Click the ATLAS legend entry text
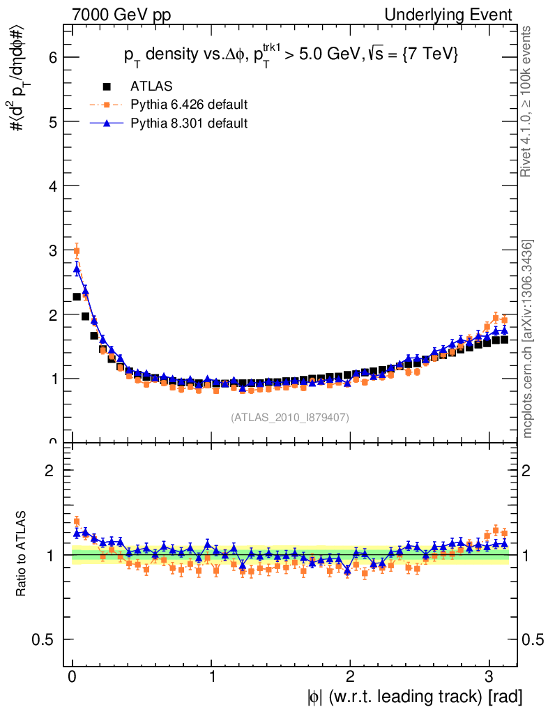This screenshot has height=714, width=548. click(x=151, y=86)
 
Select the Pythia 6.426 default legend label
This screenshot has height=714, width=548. click(x=189, y=105)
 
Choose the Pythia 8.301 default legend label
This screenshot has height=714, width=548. click(x=189, y=123)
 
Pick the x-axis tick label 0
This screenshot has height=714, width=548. click(x=73, y=676)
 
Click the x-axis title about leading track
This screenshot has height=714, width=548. click(x=414, y=696)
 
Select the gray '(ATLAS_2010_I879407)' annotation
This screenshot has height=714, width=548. click(x=290, y=418)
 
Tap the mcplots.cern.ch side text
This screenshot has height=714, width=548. click(x=528, y=338)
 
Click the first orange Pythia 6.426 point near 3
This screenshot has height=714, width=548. click(x=77, y=251)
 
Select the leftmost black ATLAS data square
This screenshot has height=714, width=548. click(x=77, y=297)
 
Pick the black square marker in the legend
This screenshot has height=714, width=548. click(x=107, y=86)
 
